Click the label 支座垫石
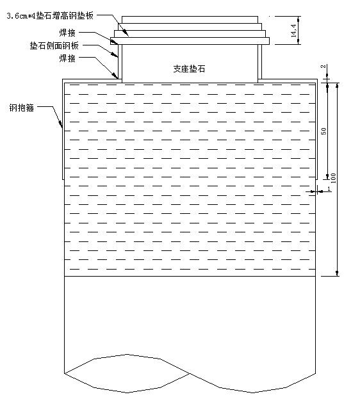click(189, 69)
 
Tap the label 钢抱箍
click(21, 108)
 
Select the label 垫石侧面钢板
click(54, 45)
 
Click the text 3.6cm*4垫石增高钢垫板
click(50, 16)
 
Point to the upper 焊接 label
click(67, 33)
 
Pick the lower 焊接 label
click(67, 58)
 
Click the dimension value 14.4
click(294, 30)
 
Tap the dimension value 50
click(323, 131)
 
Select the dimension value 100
click(333, 178)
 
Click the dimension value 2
click(323, 67)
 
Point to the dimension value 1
click(329, 189)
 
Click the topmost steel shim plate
click(190, 20)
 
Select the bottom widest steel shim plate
click(190, 41)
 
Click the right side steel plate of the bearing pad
click(260, 61)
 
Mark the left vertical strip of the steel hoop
click(63, 129)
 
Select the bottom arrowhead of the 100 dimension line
click(337, 273)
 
